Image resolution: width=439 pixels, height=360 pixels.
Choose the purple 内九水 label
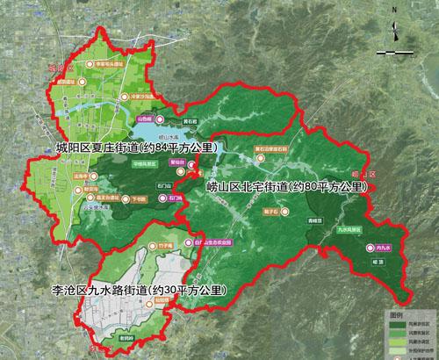382,248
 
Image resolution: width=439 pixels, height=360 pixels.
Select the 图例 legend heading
397,313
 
